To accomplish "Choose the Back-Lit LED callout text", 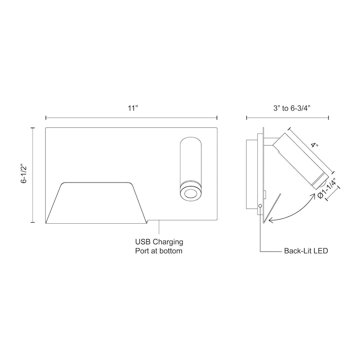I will pyautogui.click(x=306, y=251).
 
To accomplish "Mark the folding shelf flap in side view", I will pyautogui.click(x=271, y=208).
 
